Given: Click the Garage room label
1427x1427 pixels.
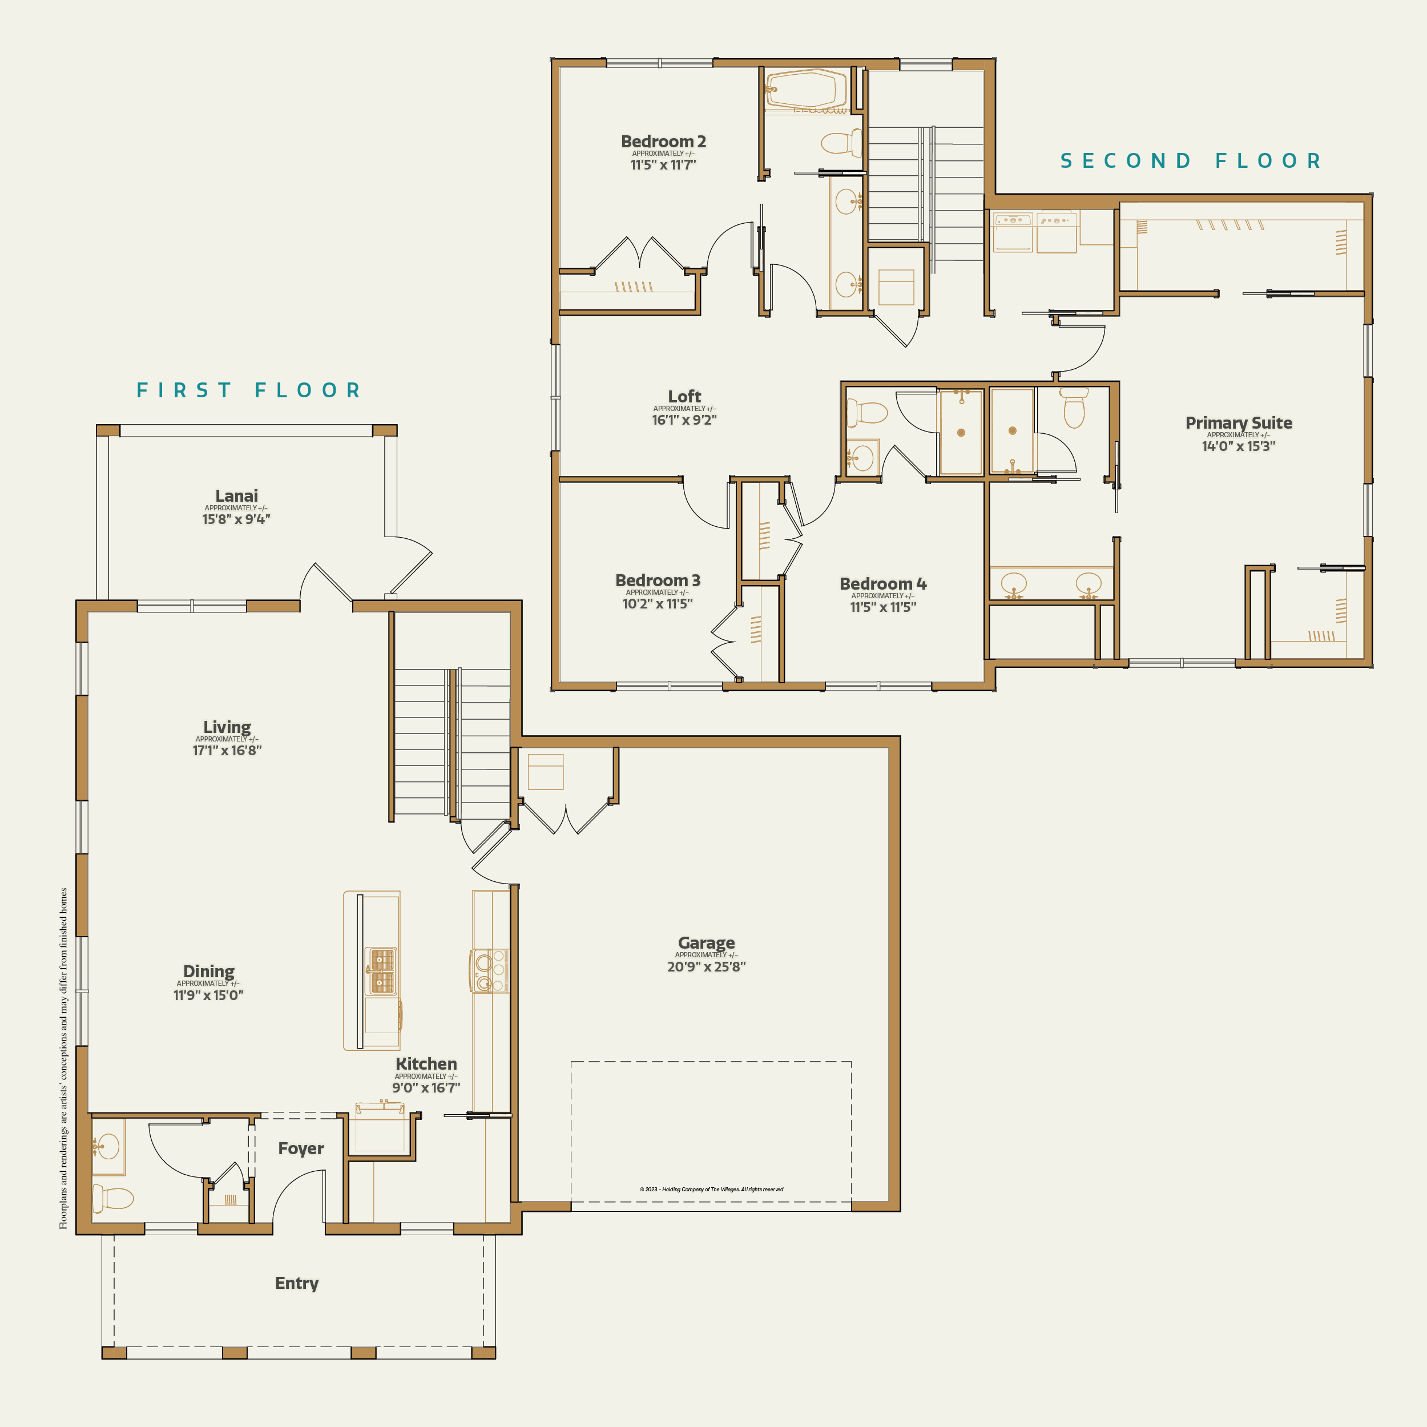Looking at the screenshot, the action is [x=706, y=943].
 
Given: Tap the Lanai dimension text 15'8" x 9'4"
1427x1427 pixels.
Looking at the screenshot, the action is [x=236, y=519].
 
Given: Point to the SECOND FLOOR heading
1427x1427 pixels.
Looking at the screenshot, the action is [x=1191, y=161].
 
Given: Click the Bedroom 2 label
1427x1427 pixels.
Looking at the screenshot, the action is [x=663, y=141].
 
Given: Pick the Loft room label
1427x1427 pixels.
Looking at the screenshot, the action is [x=684, y=397].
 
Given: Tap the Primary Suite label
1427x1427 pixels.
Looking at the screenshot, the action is [x=1239, y=422].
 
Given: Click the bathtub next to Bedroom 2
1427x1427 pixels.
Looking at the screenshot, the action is [x=806, y=90].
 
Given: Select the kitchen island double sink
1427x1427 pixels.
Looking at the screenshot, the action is [x=382, y=970].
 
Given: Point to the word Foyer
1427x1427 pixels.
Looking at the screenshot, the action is [x=301, y=1148].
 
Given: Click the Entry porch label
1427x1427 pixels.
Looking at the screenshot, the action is [x=297, y=1283].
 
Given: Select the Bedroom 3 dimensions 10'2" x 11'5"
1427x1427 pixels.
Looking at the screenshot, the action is [x=658, y=603].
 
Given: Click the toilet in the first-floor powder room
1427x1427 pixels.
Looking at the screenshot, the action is [x=112, y=1198].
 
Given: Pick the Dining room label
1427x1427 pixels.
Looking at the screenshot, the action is [x=208, y=972].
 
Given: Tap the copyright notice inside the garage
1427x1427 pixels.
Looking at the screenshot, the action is [x=712, y=1189].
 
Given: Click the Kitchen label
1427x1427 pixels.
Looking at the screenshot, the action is [x=426, y=1063].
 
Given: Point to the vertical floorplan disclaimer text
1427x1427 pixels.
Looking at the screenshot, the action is [x=63, y=1058].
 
